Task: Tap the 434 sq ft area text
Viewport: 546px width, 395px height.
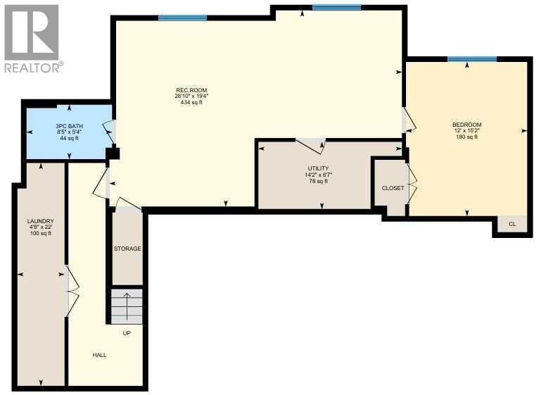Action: tap(191, 103)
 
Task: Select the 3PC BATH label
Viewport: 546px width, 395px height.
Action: tap(69, 126)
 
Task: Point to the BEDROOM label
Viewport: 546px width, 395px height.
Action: tap(466, 125)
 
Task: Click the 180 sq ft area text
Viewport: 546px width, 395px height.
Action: tap(466, 137)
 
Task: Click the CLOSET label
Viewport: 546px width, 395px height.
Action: tap(393, 189)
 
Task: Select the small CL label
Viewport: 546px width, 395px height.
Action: tap(512, 225)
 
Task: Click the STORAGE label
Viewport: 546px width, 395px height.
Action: tap(127, 249)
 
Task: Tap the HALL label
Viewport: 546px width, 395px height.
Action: tap(99, 355)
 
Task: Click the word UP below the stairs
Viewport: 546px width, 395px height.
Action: tap(127, 333)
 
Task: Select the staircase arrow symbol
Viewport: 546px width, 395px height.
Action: tap(127, 305)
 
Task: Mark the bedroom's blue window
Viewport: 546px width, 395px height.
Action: tap(467, 59)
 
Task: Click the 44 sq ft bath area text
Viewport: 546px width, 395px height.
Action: tap(69, 139)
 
